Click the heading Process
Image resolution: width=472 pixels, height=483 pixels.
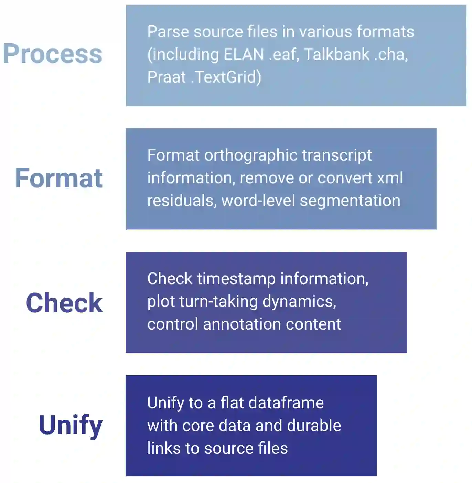coord(53,54)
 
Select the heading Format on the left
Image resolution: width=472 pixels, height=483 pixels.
coord(59,178)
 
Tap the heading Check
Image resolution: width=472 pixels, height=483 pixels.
coord(64,303)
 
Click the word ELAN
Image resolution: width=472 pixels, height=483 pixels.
coord(244,54)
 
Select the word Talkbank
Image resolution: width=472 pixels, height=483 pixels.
coord(336,54)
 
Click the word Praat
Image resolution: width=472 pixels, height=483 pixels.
coord(167,77)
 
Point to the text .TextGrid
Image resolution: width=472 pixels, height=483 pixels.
coord(226,77)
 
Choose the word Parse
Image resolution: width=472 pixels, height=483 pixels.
coord(168,32)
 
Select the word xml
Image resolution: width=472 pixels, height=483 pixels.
coord(390,178)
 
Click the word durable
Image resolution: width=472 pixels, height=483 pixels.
coord(314,426)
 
